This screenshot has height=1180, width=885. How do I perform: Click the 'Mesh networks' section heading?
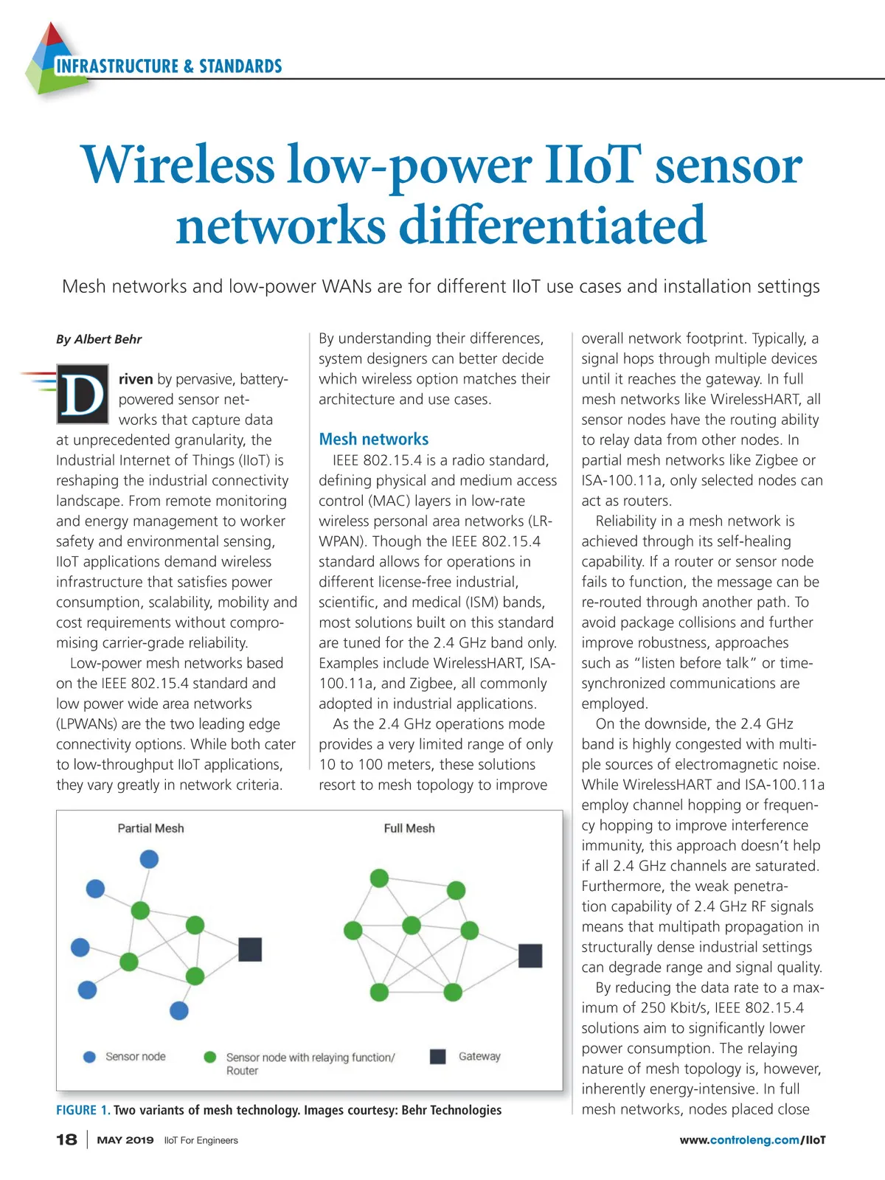(x=373, y=440)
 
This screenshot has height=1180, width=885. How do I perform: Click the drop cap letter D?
(x=83, y=394)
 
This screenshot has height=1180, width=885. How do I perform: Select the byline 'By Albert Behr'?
(x=99, y=339)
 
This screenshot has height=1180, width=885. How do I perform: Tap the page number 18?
(x=66, y=1139)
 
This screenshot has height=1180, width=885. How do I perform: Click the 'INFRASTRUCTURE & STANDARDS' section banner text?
(x=169, y=66)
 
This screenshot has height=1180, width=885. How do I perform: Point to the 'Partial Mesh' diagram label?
(x=150, y=828)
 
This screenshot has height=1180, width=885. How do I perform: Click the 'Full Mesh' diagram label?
(x=409, y=828)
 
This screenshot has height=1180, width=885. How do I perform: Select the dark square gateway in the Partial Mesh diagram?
(x=250, y=949)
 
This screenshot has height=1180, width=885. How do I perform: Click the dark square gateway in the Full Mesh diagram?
(x=530, y=955)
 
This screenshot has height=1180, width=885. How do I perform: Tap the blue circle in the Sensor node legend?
(x=90, y=1057)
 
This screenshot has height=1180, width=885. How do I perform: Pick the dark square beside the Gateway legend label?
(x=438, y=1056)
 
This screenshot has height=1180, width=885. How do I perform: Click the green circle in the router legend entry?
(x=210, y=1057)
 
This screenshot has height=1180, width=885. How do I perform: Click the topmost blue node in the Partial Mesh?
(x=149, y=859)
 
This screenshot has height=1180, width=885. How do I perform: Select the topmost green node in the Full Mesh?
(x=379, y=878)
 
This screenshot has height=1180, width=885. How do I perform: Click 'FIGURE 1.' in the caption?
(x=83, y=1110)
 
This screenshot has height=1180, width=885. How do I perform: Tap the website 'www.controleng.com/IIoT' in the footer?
(x=752, y=1139)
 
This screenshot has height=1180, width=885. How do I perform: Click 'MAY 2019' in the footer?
(x=125, y=1139)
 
